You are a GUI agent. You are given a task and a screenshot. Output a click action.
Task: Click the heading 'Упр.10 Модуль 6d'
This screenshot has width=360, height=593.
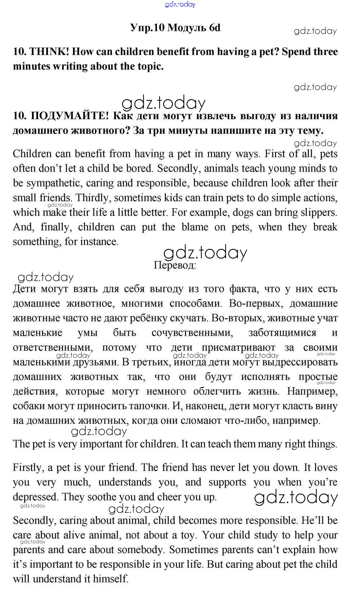pyautogui.click(x=175, y=28)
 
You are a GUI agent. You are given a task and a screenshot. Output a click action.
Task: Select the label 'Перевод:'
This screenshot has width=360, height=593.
pyautogui.click(x=175, y=266)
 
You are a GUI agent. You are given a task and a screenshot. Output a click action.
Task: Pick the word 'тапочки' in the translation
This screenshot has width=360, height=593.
pyautogui.click(x=150, y=406)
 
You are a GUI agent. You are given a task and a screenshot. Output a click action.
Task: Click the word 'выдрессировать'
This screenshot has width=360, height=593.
pyautogui.click(x=300, y=362)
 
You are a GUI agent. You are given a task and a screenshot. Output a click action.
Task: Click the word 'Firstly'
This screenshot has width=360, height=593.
pyautogui.click(x=28, y=467)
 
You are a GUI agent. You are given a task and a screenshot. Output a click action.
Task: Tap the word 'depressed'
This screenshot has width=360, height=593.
pyautogui.click(x=36, y=497)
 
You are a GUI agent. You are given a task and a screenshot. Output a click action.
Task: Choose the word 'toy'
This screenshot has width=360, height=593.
pyautogui.click(x=188, y=535)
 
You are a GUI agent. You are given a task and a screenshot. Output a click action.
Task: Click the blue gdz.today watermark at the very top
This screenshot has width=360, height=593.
pyautogui.click(x=180, y=4)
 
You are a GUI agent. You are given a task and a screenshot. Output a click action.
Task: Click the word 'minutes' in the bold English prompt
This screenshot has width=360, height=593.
pyautogui.click(x=31, y=67)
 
